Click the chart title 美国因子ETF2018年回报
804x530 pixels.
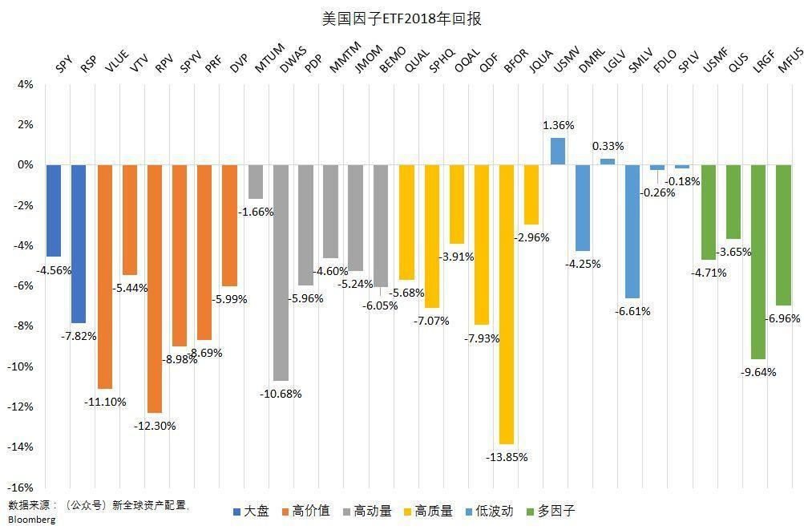(401, 18)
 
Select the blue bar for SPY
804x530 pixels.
(54, 210)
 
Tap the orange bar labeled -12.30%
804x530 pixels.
(155, 289)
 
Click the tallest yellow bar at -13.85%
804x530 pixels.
(506, 304)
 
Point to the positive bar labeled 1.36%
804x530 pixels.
(557, 151)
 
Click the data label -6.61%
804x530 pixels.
(632, 311)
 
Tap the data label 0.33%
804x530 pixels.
(608, 146)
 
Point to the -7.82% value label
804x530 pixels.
(79, 336)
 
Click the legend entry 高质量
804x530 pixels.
(434, 511)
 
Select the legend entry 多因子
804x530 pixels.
(556, 511)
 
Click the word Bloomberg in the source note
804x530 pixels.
(32, 520)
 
